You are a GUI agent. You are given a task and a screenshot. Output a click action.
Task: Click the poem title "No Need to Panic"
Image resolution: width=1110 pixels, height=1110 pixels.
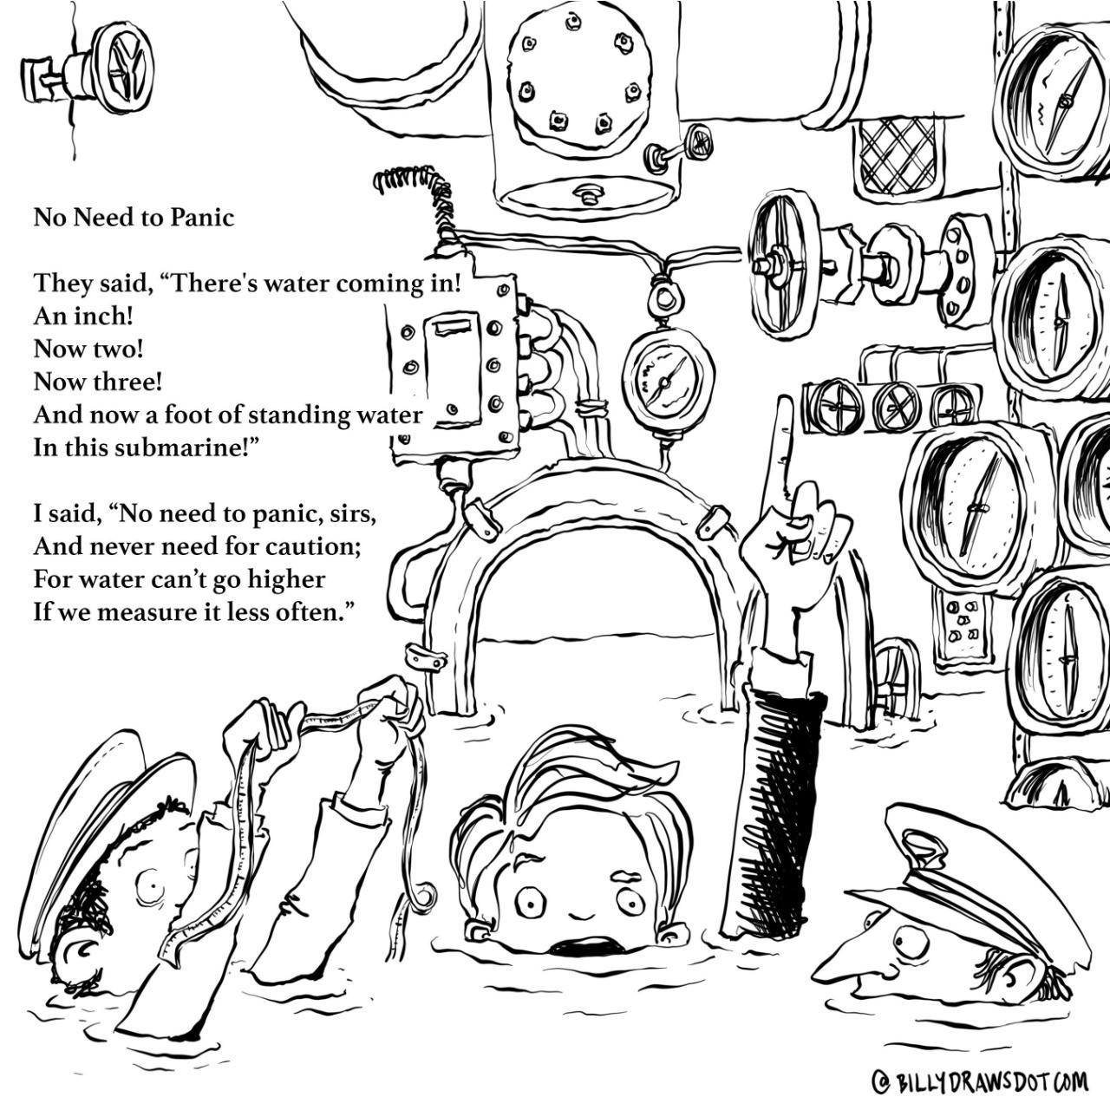134,217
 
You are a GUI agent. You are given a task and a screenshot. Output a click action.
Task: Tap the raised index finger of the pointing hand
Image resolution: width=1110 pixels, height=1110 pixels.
784,451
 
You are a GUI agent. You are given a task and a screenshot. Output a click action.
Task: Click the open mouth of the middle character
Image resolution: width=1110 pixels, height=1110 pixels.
576,943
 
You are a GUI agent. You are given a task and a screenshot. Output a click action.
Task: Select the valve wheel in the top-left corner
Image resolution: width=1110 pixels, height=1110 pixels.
121,68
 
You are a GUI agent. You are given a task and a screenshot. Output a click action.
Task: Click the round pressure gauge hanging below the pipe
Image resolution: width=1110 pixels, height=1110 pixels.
667,382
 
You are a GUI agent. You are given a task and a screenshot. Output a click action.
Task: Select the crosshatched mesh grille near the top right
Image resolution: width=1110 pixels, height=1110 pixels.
898,156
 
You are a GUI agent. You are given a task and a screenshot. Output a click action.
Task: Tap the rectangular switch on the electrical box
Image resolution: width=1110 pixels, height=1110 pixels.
451,369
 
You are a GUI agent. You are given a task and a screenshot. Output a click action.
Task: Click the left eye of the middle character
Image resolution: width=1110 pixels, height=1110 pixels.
527,903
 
